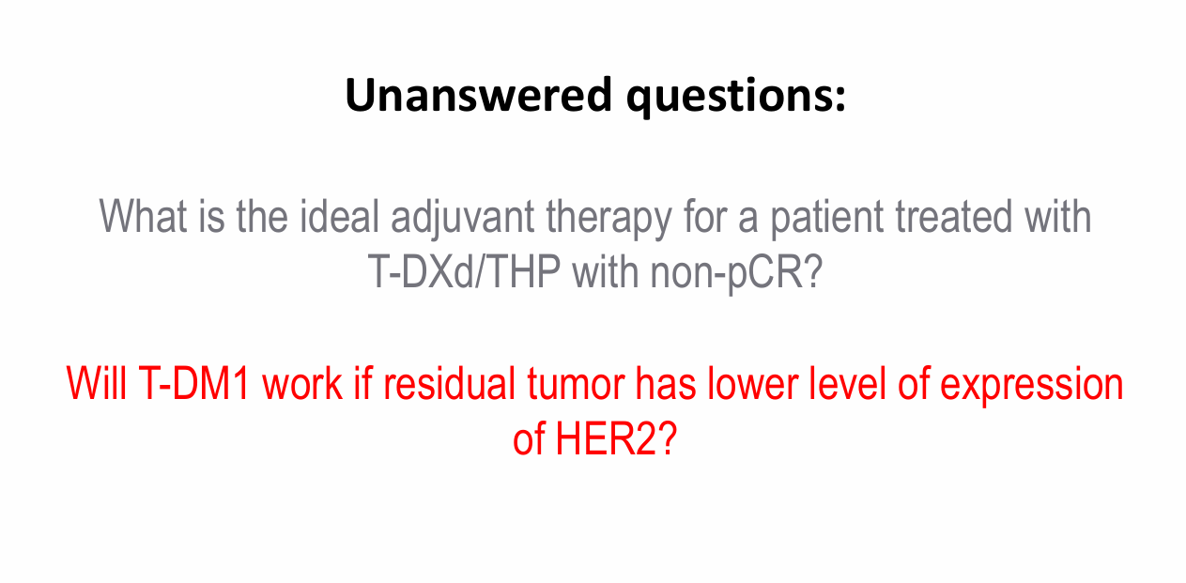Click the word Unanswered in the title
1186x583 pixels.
[x=478, y=95]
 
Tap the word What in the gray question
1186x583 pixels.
[x=143, y=216]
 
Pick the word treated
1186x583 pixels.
[x=953, y=216]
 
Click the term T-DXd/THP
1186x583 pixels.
[x=464, y=271]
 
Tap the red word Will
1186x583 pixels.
[x=97, y=383]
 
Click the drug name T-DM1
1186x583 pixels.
[x=193, y=383]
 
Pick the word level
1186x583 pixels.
[x=848, y=383]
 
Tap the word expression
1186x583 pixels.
[x=1031, y=386]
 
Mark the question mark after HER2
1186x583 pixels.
[x=667, y=438]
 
